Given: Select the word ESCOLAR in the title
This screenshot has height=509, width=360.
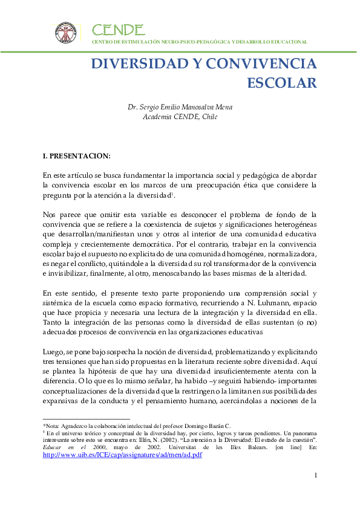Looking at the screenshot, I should click(x=283, y=82).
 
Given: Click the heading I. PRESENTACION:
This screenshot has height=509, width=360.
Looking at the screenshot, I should click(x=77, y=156).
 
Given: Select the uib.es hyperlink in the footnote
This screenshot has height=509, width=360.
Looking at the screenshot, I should click(x=122, y=455).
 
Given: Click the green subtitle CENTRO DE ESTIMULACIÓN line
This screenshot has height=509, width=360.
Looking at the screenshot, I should click(x=199, y=42).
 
